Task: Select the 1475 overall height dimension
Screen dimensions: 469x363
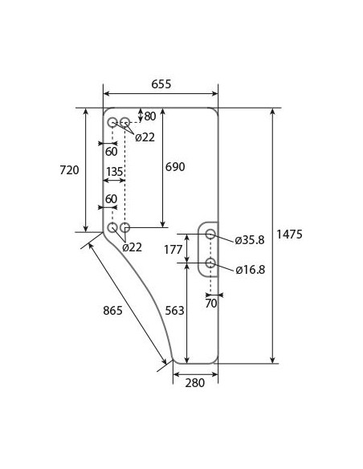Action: tap(289, 234)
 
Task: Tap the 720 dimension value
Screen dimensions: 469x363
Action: tap(70, 169)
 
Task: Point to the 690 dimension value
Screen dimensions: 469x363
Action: tap(175, 167)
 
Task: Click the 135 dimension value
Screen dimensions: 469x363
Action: tap(114, 171)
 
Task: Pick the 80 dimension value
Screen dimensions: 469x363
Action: tap(149, 116)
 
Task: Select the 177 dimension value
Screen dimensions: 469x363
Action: tap(173, 249)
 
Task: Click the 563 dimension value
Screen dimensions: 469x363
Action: tap(175, 310)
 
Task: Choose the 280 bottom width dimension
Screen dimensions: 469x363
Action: tap(194, 382)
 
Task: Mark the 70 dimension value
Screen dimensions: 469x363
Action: tap(211, 304)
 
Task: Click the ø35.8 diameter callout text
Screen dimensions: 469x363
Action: tap(251, 240)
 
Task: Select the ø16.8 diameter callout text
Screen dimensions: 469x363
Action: tap(251, 269)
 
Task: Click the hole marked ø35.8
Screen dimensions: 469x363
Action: tap(210, 234)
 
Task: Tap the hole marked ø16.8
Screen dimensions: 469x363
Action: tap(210, 263)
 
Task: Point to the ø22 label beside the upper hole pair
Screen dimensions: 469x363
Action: tap(145, 137)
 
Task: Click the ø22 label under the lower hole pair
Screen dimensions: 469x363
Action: tap(133, 247)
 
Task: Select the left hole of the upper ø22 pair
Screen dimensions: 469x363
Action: tap(112, 122)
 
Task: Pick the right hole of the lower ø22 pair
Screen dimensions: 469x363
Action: tap(125, 228)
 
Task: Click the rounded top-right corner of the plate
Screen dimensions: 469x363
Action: tap(214, 112)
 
